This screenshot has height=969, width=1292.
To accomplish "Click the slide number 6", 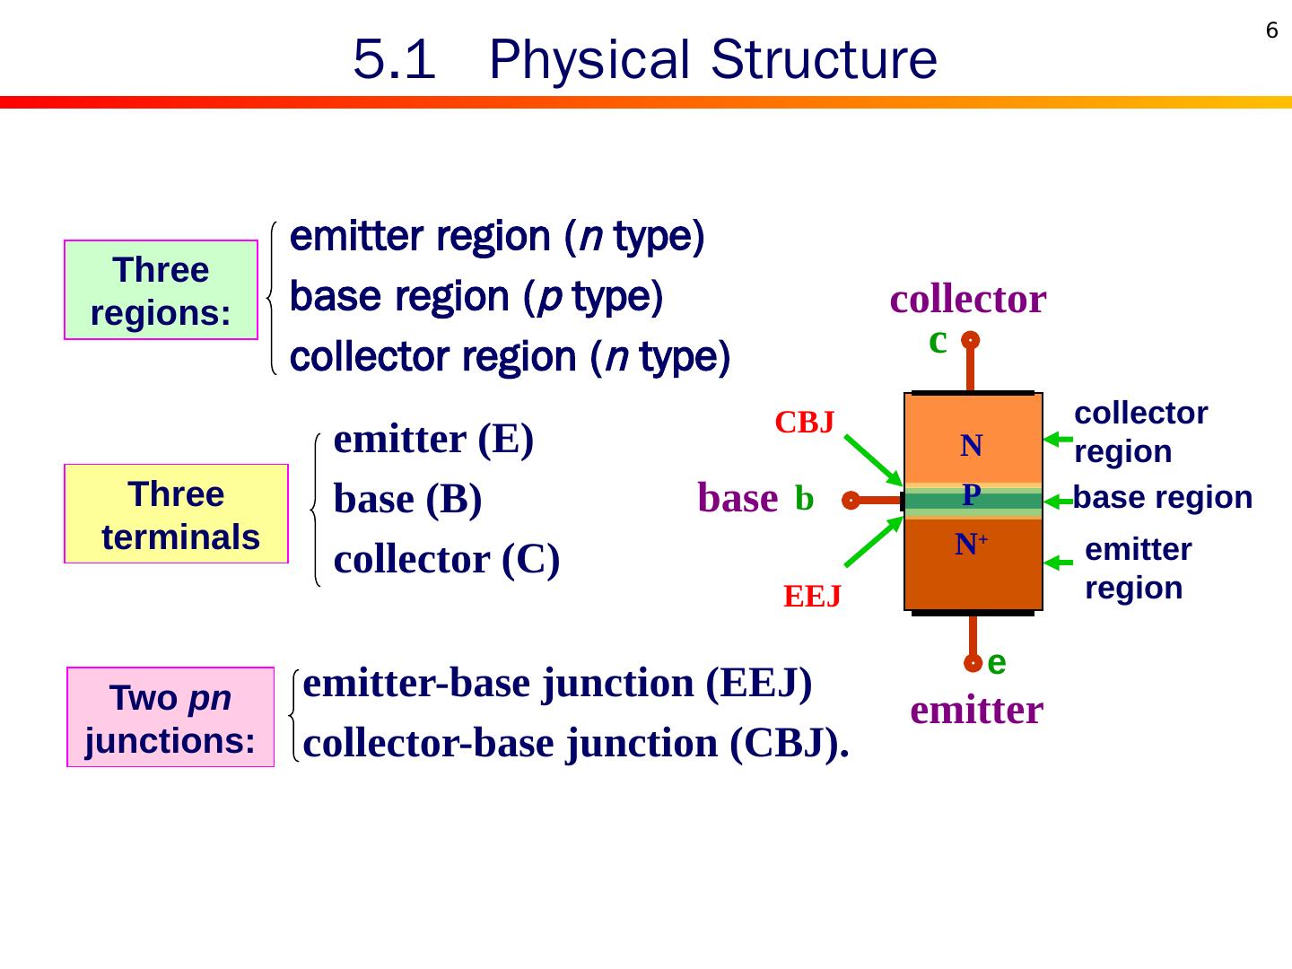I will coord(1271,31).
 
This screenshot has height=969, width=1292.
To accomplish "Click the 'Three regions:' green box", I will coord(161,291).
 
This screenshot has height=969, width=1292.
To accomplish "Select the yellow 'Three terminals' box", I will coord(177,514).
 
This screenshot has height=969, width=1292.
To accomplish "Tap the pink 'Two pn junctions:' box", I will coord(170,718).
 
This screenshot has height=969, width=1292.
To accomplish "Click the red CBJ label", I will coord(805,423).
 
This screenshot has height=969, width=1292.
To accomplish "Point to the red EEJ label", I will coord(812,597).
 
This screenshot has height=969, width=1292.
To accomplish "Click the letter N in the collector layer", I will coord(972,446).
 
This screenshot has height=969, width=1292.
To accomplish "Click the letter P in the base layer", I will coord(971,494).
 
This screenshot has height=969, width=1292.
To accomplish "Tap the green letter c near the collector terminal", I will coord(938,341).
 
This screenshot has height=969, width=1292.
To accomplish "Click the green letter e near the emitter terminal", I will coord(996,662).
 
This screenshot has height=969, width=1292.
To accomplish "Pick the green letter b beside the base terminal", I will coord(804,500).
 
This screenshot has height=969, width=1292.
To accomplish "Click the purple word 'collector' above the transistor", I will coord(968,300).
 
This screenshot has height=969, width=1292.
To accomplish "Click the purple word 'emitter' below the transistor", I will coord(976,710).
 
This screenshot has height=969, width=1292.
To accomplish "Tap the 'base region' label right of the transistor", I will coord(1163,497).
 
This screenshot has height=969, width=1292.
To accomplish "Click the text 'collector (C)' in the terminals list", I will coord(447,560).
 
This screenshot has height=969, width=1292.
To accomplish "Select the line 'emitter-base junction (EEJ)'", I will coord(558,684).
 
